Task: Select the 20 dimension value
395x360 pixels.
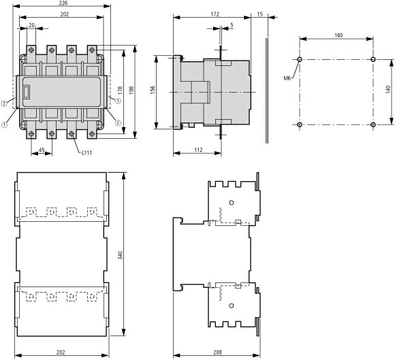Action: [x=31, y=25]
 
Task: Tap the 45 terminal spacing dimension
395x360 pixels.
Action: [x=42, y=150]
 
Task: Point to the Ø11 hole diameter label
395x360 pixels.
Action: [x=86, y=153]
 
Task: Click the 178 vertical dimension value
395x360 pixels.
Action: [x=120, y=91]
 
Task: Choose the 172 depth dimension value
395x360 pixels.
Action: [x=215, y=14]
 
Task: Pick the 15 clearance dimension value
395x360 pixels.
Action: [x=259, y=14]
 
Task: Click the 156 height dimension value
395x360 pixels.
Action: [x=153, y=90]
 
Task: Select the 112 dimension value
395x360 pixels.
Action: [x=198, y=150]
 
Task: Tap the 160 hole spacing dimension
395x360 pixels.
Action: [x=338, y=35]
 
